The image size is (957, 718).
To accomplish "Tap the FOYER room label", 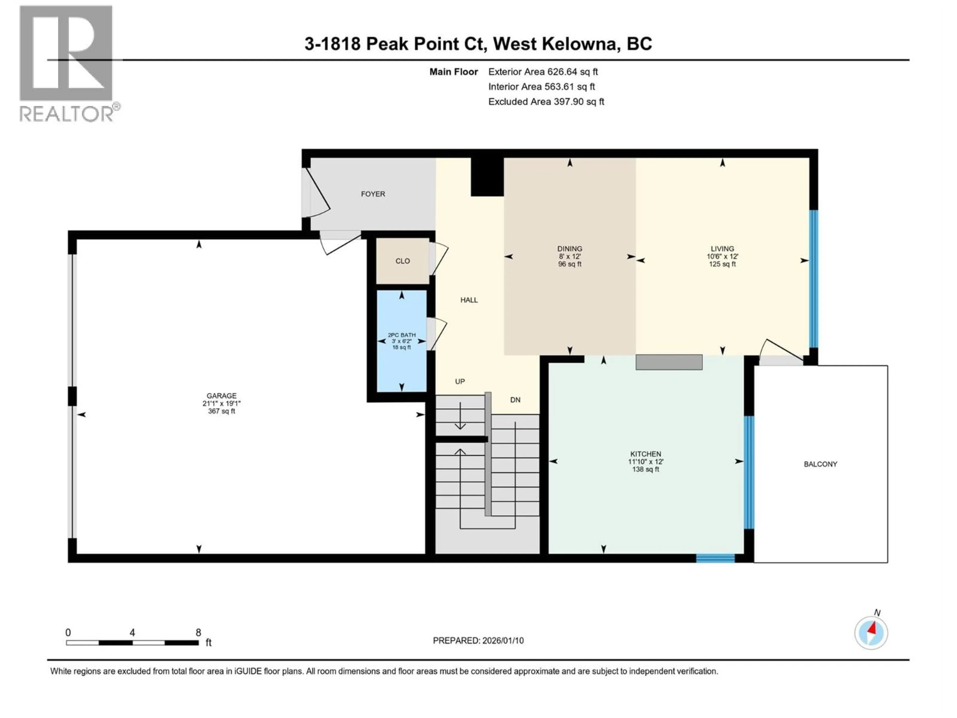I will pos(373,194).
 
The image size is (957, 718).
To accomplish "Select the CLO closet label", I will pos(402,261).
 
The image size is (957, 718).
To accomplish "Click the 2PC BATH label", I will pos(401,335).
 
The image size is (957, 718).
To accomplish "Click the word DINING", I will pos(569,249).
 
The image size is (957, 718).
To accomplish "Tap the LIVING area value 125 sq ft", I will pos(722,264).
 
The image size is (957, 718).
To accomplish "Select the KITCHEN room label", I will pos(645,454).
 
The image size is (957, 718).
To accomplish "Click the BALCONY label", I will pos(820,464).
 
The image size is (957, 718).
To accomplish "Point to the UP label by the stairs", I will pos(460,381).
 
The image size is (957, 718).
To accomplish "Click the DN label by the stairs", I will pos(515,400).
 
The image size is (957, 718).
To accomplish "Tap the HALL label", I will pos(469,300).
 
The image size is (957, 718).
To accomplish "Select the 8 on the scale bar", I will pos(198,632).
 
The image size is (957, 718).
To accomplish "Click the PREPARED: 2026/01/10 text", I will pos(478,640).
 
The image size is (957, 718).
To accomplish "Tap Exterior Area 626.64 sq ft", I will pos(543,72).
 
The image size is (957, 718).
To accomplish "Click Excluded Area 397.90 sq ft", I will pos(546,102).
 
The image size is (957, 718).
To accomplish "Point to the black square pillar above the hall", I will pos(487,177).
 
